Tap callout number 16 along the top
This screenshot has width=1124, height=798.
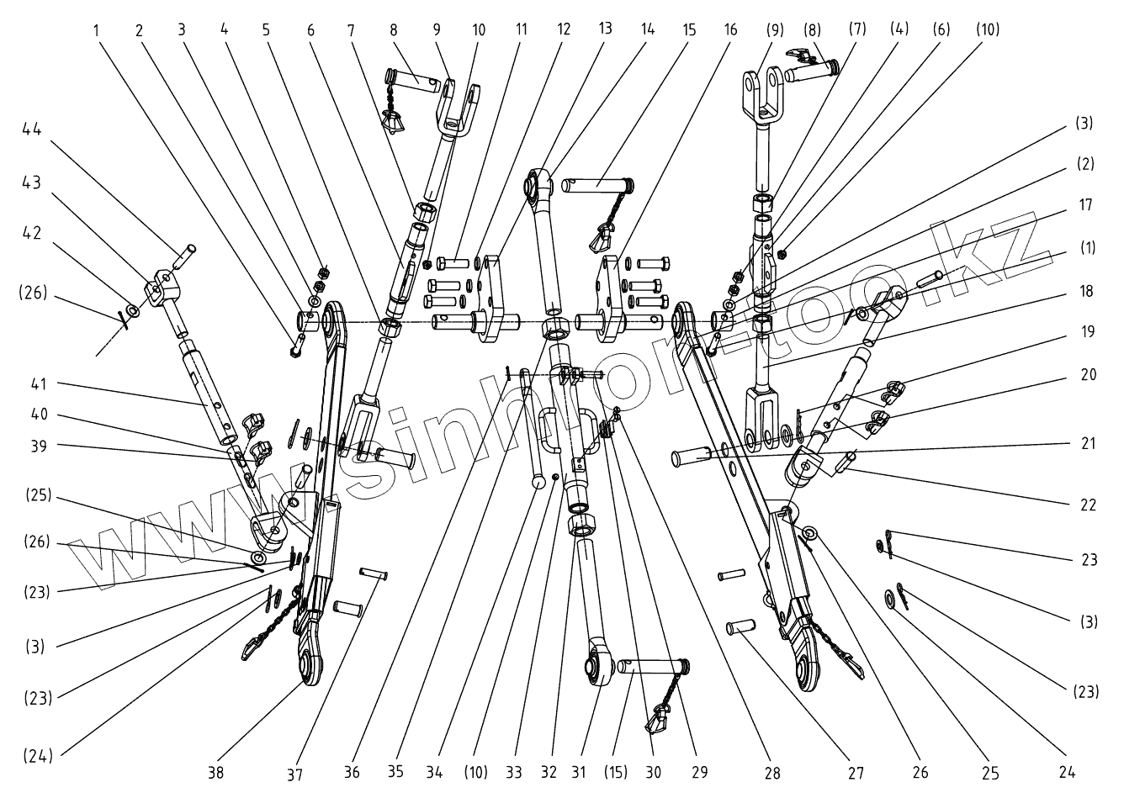[x=729, y=29]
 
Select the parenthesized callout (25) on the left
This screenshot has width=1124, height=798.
[x=37, y=495]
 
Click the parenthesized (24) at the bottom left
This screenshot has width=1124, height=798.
[x=37, y=756]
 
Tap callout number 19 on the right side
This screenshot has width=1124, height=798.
[x=1088, y=332]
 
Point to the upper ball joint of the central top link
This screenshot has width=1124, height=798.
[x=535, y=182]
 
